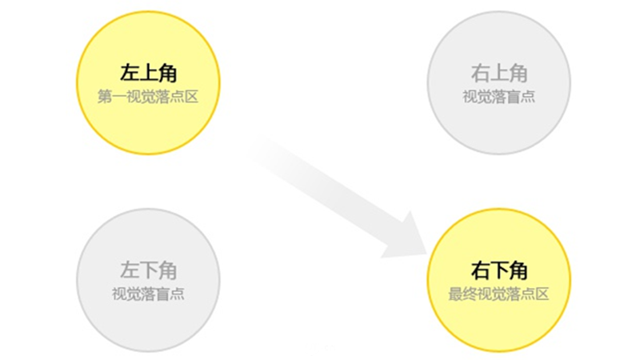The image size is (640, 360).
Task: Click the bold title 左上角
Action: click(148, 74)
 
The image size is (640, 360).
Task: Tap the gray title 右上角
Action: click(499, 74)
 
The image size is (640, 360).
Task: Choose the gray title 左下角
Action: click(148, 270)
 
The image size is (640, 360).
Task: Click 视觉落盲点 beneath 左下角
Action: click(148, 294)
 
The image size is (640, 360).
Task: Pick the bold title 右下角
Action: click(499, 270)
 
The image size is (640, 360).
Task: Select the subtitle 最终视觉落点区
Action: click(499, 294)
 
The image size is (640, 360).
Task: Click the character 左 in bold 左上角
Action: click(130, 74)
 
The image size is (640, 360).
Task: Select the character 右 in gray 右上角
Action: click(481, 74)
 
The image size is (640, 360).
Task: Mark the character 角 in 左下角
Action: click(167, 270)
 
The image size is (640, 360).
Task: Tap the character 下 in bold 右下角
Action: click(499, 270)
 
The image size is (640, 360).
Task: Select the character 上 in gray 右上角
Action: click(499, 74)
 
